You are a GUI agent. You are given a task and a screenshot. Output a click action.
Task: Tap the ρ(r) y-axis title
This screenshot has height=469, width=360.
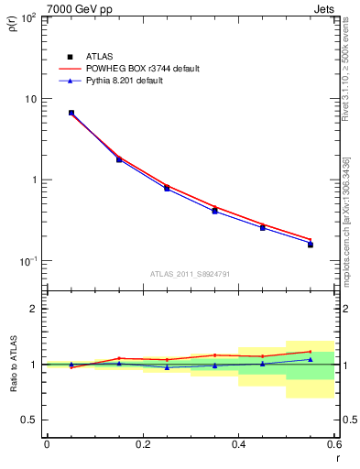click(13, 25)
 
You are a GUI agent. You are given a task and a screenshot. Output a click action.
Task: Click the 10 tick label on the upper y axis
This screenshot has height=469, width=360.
click(33, 99)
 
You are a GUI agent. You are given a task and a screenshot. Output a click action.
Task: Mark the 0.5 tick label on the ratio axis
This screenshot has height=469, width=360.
click(30, 420)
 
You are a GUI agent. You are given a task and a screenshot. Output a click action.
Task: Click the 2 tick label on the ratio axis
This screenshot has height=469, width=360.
click(36, 309)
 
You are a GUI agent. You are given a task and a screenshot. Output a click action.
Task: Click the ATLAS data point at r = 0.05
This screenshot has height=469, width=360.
click(71, 113)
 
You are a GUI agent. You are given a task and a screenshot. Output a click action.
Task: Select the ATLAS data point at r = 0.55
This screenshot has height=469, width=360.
click(311, 245)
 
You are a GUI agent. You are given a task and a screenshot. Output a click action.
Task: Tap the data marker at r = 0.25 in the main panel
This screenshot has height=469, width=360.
click(167, 188)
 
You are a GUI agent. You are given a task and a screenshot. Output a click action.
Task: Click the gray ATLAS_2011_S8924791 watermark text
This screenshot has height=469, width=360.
click(191, 274)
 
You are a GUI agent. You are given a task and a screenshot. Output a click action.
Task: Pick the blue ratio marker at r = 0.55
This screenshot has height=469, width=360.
click(311, 359)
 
